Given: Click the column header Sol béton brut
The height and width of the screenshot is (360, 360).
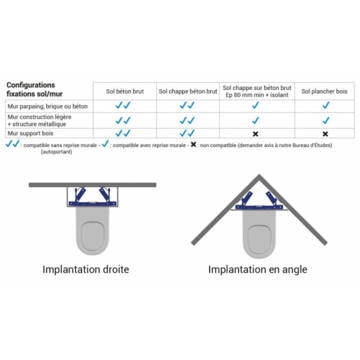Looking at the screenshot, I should coord(125,91).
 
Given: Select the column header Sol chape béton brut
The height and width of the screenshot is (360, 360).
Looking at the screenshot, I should coord(187,91).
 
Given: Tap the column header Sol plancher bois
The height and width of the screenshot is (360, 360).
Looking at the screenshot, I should coord(325,91).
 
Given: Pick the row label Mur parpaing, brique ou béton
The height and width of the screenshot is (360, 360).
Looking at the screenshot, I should coord(47,105).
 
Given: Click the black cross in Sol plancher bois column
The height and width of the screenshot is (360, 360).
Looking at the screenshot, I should coord(325,134).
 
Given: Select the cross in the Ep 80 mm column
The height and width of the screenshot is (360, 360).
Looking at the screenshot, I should coord(255,134).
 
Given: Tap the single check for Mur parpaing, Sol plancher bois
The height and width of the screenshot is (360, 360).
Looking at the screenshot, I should coord(325,105).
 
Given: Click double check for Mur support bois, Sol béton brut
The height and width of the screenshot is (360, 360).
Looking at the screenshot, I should coord(122,133).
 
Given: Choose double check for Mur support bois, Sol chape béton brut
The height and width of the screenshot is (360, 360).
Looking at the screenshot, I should coord(187,133).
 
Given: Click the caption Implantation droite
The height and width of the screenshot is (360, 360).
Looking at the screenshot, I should coord(86,270).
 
